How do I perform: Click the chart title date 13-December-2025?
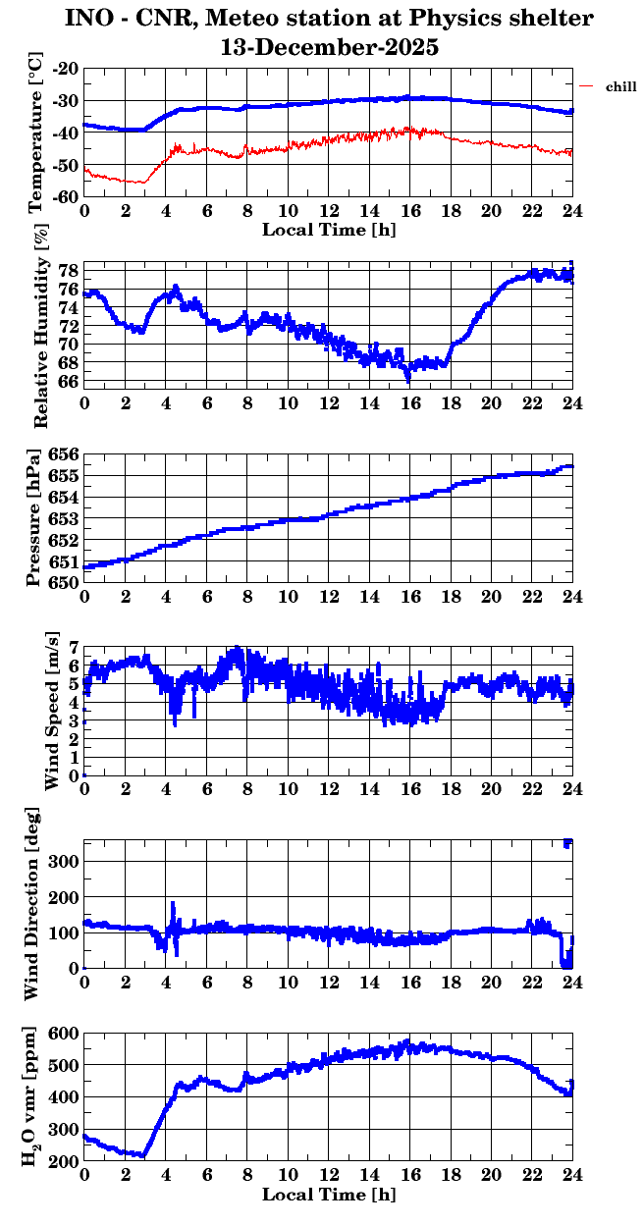coord(329,46)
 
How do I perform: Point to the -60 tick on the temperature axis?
coord(66,196)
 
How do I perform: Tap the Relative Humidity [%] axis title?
coord(40,323)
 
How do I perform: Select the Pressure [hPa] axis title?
coord(36,517)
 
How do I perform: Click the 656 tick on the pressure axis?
coord(62,455)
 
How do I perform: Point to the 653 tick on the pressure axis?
coord(62,519)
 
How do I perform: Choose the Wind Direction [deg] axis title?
coord(32,904)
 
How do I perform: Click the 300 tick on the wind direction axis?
coord(66,861)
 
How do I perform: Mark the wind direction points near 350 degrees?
coord(567,843)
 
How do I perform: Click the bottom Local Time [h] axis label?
coord(329,1196)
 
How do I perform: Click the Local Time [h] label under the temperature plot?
coord(329,230)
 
